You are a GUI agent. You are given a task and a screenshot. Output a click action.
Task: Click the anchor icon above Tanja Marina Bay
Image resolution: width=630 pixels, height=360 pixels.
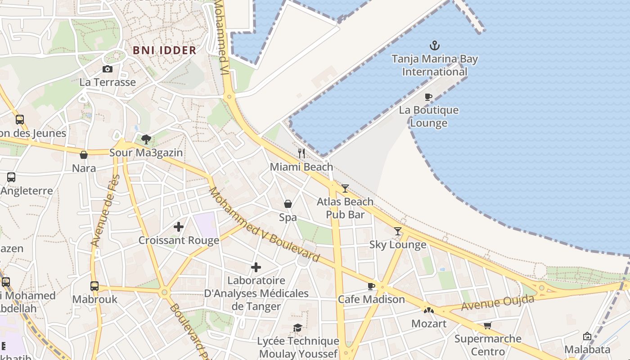pyautogui.click(x=434, y=45)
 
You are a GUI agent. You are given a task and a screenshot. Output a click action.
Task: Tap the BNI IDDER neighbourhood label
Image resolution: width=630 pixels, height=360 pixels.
pyautogui.click(x=165, y=50)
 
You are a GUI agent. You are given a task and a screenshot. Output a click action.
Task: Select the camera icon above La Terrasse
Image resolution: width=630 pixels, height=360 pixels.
pyautogui.click(x=107, y=69)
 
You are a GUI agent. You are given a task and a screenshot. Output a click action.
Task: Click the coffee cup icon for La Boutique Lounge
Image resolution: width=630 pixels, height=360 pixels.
pyautogui.click(x=428, y=97)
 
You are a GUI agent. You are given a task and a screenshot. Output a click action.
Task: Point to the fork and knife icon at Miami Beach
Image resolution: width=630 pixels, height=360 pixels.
pyautogui.click(x=301, y=153)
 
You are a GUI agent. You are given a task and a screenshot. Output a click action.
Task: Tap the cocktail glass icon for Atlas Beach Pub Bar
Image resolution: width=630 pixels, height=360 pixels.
pyautogui.click(x=345, y=189)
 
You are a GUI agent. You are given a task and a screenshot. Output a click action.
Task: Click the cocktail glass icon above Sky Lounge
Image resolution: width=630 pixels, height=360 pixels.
pyautogui.click(x=398, y=231)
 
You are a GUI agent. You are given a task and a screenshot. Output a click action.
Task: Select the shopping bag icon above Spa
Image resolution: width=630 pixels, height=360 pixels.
pyautogui.click(x=288, y=204)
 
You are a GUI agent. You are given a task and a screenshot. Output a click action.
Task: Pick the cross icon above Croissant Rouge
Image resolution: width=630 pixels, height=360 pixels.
pyautogui.click(x=179, y=227)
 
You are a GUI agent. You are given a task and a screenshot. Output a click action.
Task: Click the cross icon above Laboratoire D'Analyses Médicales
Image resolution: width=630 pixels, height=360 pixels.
pyautogui.click(x=256, y=267)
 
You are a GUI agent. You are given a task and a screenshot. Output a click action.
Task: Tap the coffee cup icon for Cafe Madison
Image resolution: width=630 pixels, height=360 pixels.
pyautogui.click(x=371, y=286)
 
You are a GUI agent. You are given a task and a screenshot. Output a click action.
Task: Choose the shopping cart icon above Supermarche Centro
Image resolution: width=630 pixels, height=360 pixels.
pyautogui.click(x=488, y=325)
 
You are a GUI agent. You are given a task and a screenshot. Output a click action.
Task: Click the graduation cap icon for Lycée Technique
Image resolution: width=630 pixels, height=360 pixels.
pyautogui.click(x=297, y=328)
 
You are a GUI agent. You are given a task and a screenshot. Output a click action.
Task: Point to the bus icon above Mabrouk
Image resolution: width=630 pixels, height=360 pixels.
pyautogui.click(x=94, y=286)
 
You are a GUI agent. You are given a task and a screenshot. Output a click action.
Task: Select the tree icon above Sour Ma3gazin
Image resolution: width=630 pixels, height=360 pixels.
pyautogui.click(x=146, y=139)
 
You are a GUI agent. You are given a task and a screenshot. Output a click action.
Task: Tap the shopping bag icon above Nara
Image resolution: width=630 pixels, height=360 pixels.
pyautogui.click(x=84, y=155)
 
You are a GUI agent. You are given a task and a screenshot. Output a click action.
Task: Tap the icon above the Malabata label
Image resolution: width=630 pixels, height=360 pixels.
pyautogui.click(x=587, y=336)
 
